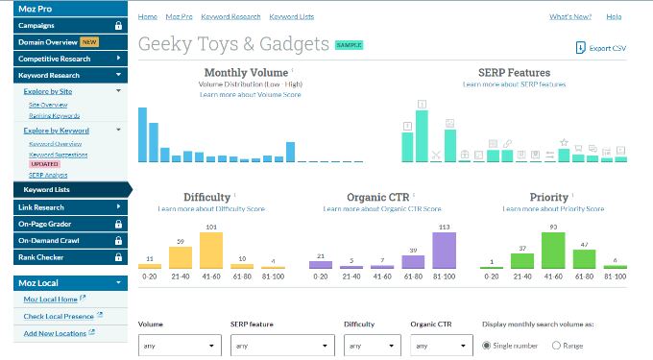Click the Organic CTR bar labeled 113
tap(444, 250)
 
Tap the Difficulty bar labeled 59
tap(181, 256)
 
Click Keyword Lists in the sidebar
tap(48, 189)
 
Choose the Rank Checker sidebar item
tap(44, 257)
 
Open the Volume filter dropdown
tap(177, 346)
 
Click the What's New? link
tap(570, 16)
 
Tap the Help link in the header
tap(614, 16)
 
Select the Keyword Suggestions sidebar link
tap(58, 155)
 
